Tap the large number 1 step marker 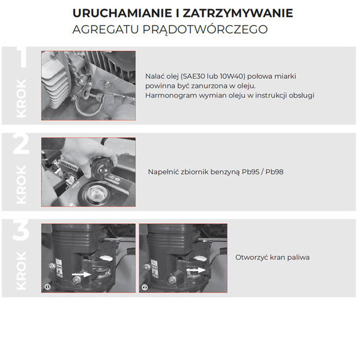(22, 58)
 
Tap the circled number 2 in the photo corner (145, 287)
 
